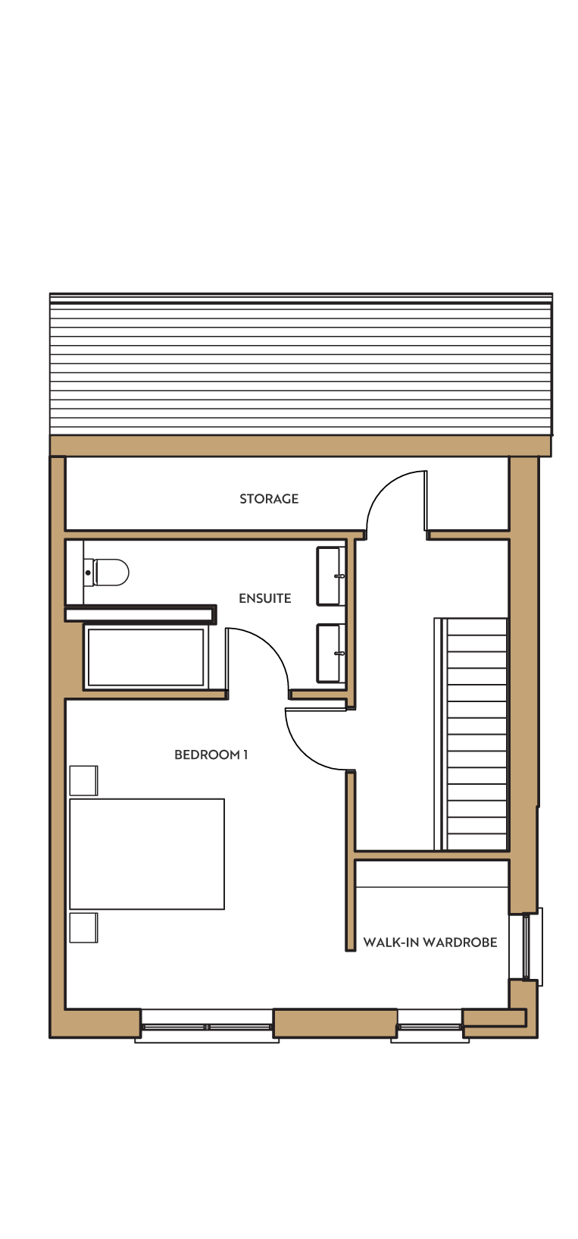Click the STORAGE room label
269,499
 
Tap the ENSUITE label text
264,598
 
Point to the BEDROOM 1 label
211,754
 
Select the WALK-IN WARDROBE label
430,942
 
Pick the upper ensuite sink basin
330,576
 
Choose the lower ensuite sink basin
330,653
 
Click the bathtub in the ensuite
146,657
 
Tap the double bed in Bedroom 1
147,854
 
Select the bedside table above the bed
83,780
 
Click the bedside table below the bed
83,927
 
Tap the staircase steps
470,733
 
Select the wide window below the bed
207,1027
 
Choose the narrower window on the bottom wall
430,1027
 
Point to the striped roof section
301,364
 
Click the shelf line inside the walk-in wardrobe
432,888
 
